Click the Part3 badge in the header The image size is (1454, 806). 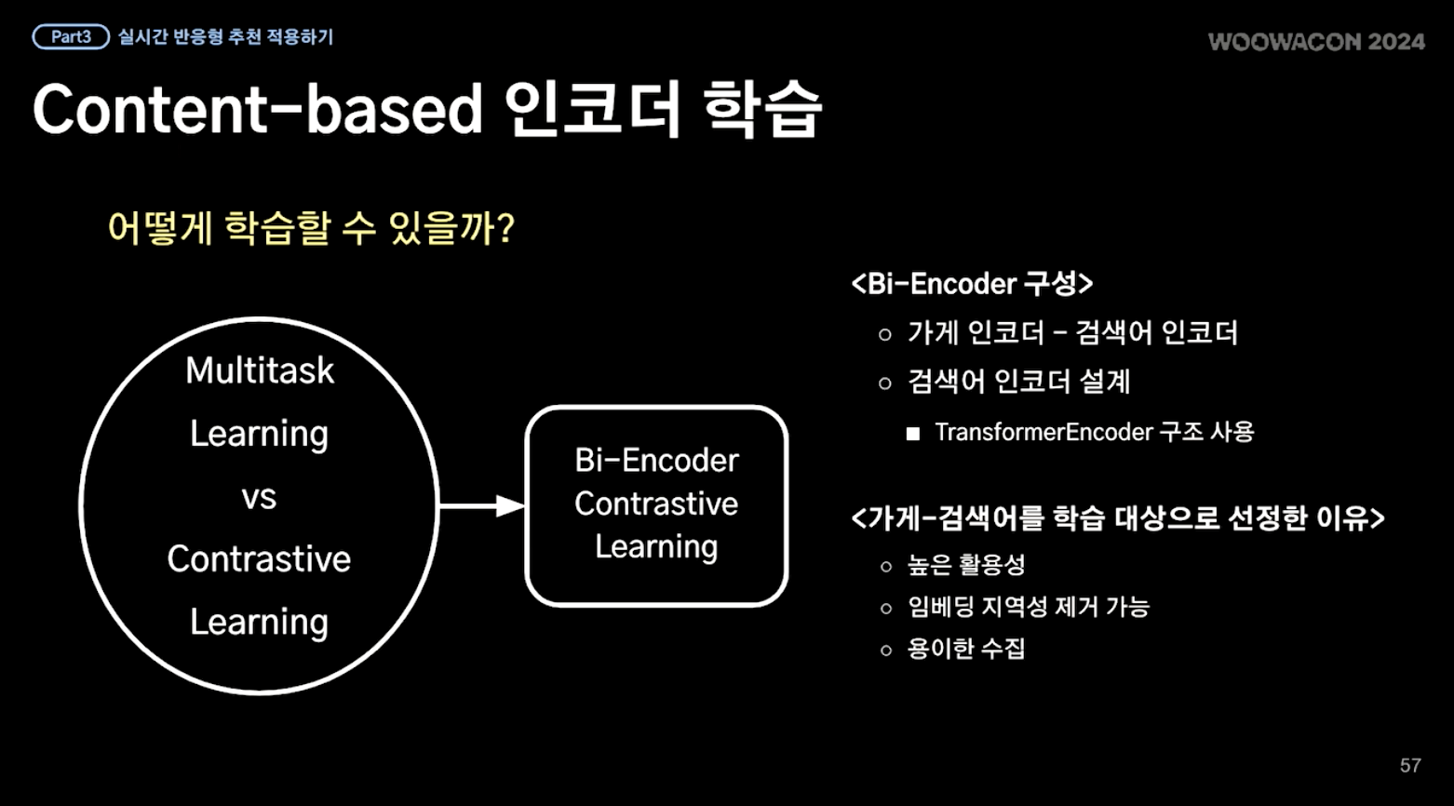point(71,37)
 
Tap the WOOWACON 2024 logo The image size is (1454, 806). point(1316,42)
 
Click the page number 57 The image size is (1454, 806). point(1410,766)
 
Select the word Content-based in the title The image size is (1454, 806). point(258,109)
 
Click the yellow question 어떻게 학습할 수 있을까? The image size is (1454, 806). point(312,228)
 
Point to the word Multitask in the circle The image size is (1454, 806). point(260,370)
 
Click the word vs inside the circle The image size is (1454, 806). point(259,498)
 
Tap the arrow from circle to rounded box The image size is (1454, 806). point(482,506)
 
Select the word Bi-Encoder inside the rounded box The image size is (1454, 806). point(657,461)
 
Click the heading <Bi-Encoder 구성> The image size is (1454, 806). point(972,284)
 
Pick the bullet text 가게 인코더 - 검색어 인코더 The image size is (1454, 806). point(1072,333)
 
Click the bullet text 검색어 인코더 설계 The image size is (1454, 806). point(1019,382)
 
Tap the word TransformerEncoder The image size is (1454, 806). point(1043,432)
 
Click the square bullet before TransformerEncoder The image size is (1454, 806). point(912,434)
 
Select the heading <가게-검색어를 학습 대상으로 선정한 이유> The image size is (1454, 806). point(1118,518)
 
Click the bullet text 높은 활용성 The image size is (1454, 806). point(966,565)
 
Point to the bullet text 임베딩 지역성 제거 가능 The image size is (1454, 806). point(1029,608)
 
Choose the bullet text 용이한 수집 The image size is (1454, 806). point(966,649)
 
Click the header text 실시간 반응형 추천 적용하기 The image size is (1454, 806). point(225,37)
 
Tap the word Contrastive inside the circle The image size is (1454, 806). point(259,559)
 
